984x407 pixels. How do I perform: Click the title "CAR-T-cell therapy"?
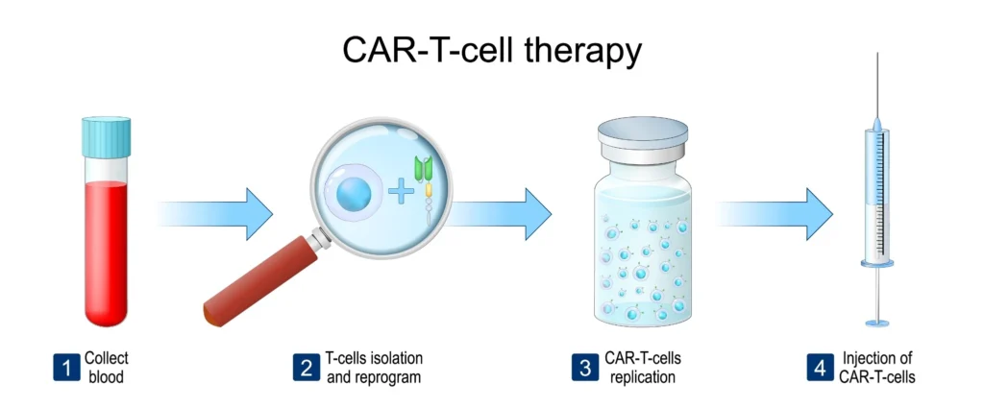[x=492, y=50]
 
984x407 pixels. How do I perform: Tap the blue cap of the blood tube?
[x=106, y=136]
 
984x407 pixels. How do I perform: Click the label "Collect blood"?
[x=107, y=368]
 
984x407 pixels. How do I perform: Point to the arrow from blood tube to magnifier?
[x=214, y=214]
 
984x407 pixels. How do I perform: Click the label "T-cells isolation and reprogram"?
[x=374, y=368]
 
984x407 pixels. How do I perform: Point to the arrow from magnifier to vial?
[x=500, y=214]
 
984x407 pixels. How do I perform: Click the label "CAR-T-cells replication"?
[x=643, y=368]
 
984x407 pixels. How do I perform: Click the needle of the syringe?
[x=876, y=84]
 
